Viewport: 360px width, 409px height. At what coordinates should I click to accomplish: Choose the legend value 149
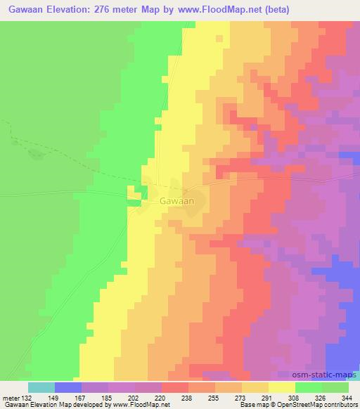tap(55, 397)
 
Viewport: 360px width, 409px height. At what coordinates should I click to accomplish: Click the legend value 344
tap(347, 397)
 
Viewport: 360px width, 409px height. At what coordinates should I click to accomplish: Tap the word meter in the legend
tap(11, 397)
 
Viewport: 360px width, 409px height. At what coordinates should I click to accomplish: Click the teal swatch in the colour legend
tap(41, 387)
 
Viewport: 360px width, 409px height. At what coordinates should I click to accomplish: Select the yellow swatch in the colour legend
tap(282, 387)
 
